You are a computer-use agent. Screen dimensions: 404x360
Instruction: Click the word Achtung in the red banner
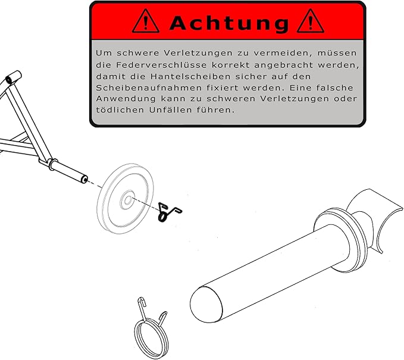pyautogui.click(x=229, y=23)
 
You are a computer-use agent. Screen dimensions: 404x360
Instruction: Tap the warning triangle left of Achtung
pyautogui.click(x=146, y=21)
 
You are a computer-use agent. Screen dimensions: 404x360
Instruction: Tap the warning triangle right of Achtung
pyautogui.click(x=310, y=21)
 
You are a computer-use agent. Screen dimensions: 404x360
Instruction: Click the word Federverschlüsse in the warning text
pyautogui.click(x=162, y=65)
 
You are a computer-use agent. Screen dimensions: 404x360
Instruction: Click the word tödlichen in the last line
pyautogui.click(x=120, y=109)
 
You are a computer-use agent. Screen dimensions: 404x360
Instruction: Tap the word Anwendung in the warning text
pyautogui.click(x=126, y=99)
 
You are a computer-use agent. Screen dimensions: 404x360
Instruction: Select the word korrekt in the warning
pyautogui.click(x=231, y=65)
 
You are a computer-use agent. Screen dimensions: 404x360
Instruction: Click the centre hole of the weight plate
pyautogui.click(x=128, y=200)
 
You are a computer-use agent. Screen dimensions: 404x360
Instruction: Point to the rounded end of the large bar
pyautogui.click(x=206, y=304)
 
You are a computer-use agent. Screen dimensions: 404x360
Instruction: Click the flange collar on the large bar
pyautogui.click(x=340, y=240)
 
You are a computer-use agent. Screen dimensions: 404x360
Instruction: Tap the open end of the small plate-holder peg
pyautogui.click(x=84, y=179)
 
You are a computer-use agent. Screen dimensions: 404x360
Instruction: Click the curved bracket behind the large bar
pyautogui.click(x=377, y=217)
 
